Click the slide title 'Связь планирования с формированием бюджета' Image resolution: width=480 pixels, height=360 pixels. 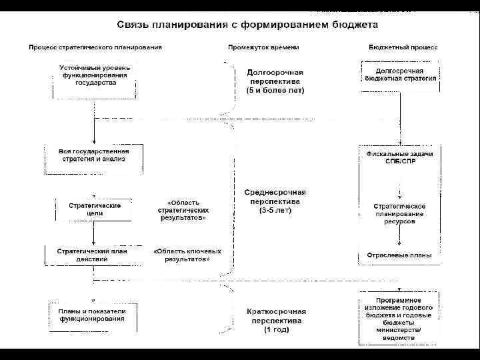(x=247, y=24)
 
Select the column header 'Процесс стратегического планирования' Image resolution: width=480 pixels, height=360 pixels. (x=95, y=47)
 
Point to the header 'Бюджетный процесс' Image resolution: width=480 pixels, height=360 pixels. (x=403, y=47)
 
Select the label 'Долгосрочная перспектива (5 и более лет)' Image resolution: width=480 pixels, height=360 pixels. (x=275, y=81)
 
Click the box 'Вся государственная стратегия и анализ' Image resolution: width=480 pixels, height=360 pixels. (x=94, y=156)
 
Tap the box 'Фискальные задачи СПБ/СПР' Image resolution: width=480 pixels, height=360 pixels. (x=400, y=158)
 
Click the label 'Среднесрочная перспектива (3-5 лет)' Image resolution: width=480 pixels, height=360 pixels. (x=275, y=201)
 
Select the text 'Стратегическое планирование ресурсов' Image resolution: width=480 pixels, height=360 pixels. (x=399, y=213)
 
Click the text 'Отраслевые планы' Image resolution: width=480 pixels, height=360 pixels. (x=399, y=255)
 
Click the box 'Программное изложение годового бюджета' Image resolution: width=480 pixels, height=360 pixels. (x=400, y=319)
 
